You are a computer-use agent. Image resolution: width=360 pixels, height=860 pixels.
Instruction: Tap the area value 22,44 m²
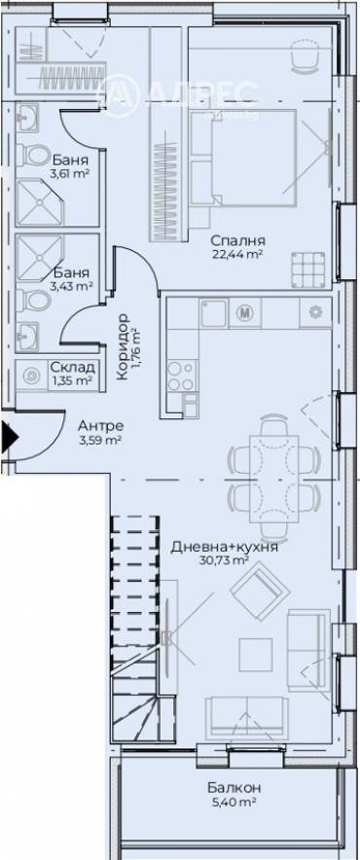(238, 255)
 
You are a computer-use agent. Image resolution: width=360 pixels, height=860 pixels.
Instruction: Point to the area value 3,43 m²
(72, 286)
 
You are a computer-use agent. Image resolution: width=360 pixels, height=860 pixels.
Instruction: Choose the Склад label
(73, 367)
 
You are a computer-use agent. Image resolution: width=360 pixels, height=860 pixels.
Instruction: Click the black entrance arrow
(9, 437)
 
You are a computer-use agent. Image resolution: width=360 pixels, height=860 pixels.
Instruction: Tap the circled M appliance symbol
(246, 313)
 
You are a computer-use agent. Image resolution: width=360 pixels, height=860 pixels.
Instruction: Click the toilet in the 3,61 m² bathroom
(34, 155)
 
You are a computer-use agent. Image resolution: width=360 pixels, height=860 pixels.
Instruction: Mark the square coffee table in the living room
(255, 651)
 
